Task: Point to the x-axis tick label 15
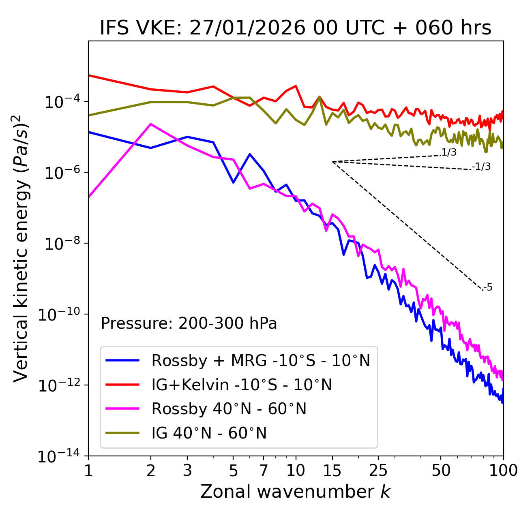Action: click(x=332, y=471)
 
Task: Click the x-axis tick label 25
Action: click(x=378, y=471)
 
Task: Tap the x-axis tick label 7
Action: click(x=264, y=471)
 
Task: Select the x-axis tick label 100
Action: click(x=503, y=471)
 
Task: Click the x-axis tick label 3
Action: click(x=187, y=471)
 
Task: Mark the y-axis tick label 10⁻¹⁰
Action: click(x=59, y=314)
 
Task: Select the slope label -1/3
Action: click(x=482, y=167)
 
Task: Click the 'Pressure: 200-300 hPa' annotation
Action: click(x=189, y=323)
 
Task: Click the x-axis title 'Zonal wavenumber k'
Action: click(x=296, y=492)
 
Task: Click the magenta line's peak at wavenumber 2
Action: click(x=151, y=124)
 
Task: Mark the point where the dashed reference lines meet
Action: click(x=332, y=162)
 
